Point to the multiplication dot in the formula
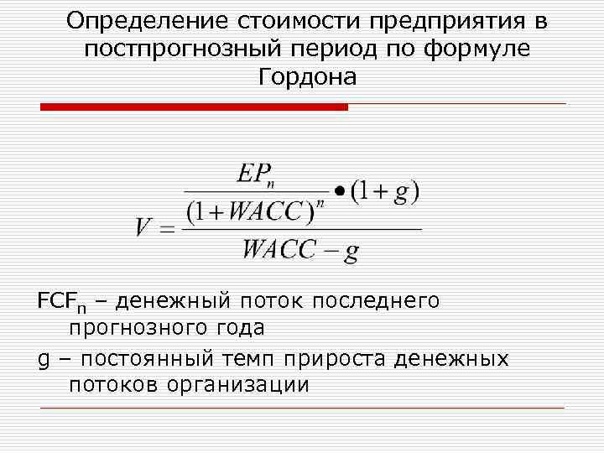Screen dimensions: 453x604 (338, 190)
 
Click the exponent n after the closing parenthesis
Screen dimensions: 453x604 (320, 203)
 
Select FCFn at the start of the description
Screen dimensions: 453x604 (57, 300)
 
